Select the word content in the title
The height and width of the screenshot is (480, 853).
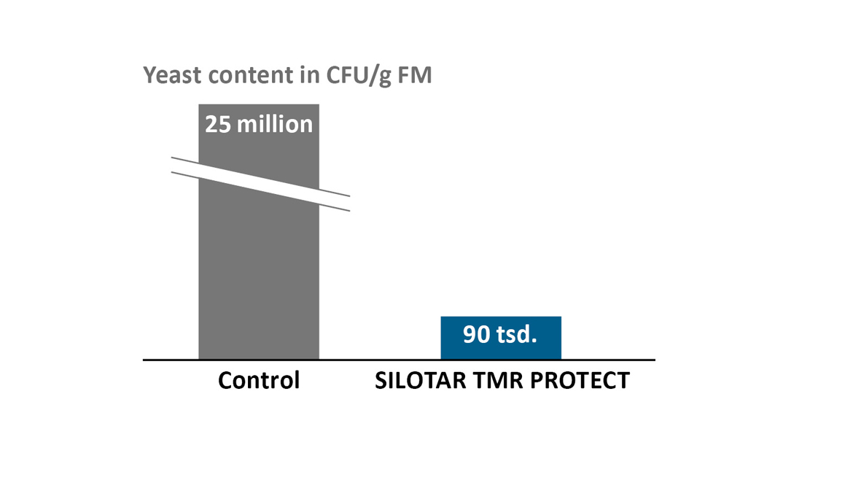pyautogui.click(x=238, y=75)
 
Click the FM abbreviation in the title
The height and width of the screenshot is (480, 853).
pyautogui.click(x=416, y=75)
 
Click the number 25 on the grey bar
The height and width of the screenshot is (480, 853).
pyautogui.click(x=218, y=124)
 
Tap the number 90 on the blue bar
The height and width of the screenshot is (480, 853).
pyautogui.click(x=477, y=336)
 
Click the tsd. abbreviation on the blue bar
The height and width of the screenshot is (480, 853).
pyautogui.click(x=518, y=336)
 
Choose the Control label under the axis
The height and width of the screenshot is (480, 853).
pyautogui.click(x=259, y=380)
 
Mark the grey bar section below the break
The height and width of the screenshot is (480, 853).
pyautogui.click(x=259, y=284)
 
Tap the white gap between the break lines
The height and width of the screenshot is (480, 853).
pyautogui.click(x=259, y=184)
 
